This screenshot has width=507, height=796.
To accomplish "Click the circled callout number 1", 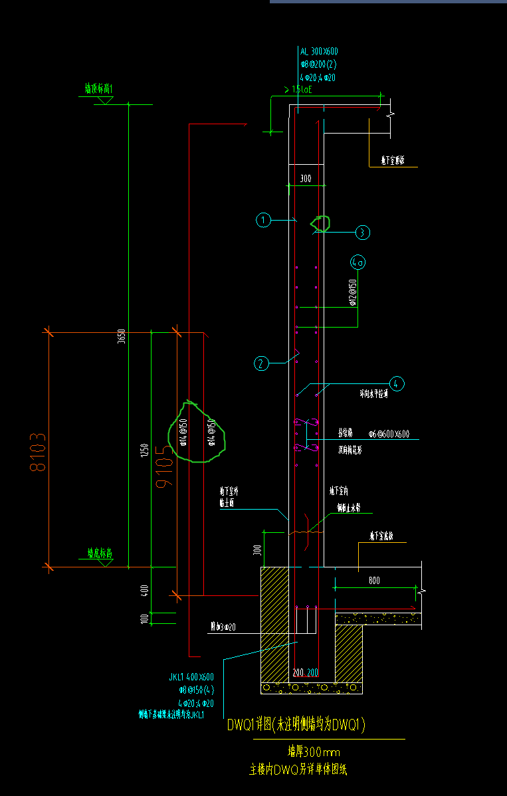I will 264,220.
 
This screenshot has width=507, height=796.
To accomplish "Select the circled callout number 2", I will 261,363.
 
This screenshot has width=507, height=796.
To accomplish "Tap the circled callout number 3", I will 362,233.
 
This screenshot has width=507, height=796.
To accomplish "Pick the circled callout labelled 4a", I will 358,262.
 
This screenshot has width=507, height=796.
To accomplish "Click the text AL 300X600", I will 318,51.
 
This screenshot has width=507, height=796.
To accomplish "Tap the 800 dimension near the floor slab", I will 374,581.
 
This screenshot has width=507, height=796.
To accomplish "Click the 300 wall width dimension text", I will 306,179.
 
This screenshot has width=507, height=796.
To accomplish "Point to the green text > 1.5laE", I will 298,89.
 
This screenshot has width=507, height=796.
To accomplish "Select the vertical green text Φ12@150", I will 353,291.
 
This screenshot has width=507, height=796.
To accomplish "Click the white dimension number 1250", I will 144,451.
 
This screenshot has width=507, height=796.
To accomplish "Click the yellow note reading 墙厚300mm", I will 313,752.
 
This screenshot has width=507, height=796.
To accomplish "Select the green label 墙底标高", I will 99,553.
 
